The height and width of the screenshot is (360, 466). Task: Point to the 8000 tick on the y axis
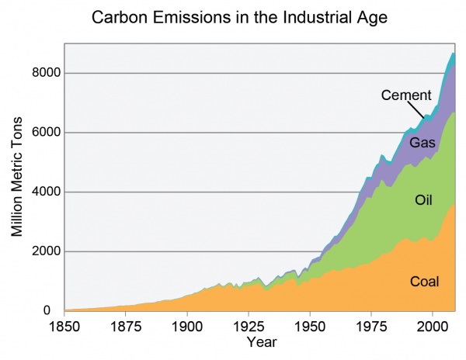point(42,73)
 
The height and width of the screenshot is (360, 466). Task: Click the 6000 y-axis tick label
point(42,133)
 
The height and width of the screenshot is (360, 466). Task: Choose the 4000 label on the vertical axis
point(42,192)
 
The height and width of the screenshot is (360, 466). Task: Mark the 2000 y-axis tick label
point(42,252)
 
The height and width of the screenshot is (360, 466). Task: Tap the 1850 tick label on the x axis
point(65,327)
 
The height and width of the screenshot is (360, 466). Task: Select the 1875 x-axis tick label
point(126,327)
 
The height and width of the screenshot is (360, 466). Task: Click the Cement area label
point(405,96)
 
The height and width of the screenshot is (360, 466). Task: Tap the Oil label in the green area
point(423,201)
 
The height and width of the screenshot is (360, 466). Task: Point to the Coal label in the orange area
point(424,282)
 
